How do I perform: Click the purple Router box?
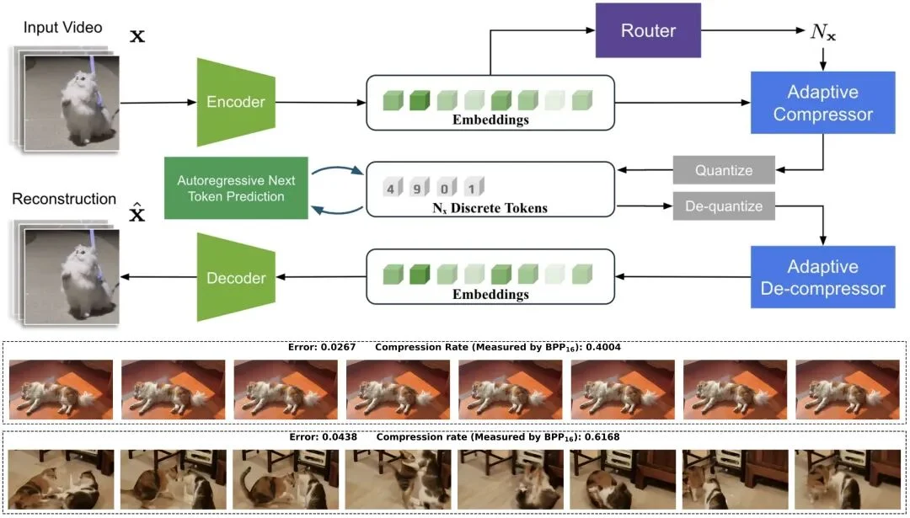648,31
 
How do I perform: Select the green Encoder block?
235,102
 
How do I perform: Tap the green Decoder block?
235,278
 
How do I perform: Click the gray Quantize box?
724,171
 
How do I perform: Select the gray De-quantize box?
724,206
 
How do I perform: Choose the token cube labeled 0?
446,188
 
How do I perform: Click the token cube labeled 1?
473,188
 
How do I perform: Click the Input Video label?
63,28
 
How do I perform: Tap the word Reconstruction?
64,200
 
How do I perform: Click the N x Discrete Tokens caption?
490,208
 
